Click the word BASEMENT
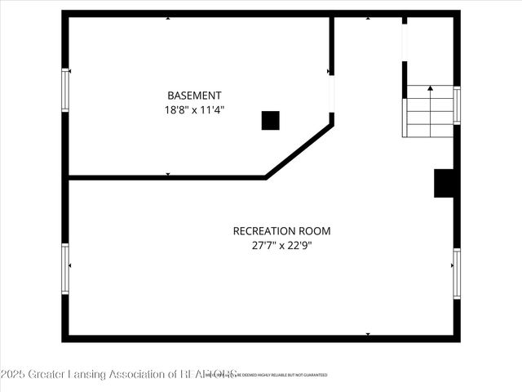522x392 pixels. pyautogui.click(x=194, y=96)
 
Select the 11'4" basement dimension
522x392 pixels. pyautogui.click(x=211, y=109)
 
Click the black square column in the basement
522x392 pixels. pyautogui.click(x=270, y=120)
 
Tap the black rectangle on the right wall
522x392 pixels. pyautogui.click(x=444, y=183)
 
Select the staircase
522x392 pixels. pyautogui.click(x=430, y=111)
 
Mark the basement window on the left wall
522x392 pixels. pyautogui.click(x=65, y=90)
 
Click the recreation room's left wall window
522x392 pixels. pyautogui.click(x=65, y=269)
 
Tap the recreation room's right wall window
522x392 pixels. pyautogui.click(x=457, y=274)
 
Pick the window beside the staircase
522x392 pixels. pyautogui.click(x=457, y=105)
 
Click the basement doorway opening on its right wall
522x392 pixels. pyautogui.click(x=332, y=94)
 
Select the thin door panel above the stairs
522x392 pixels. pyautogui.click(x=405, y=50)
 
